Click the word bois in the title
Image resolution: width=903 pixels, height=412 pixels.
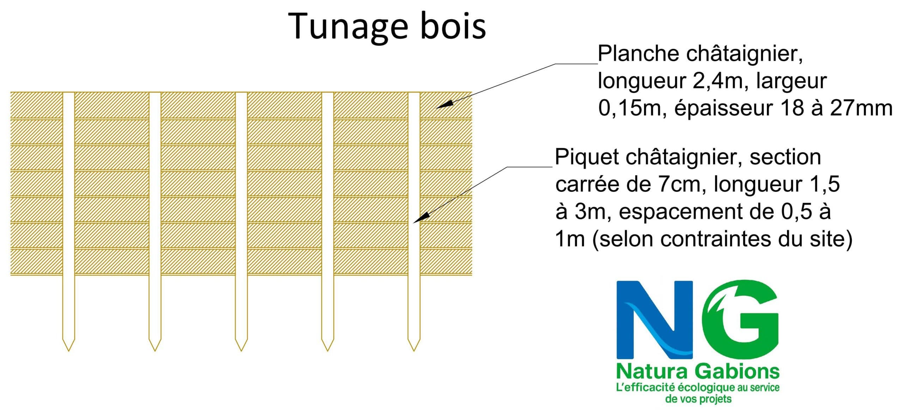pyautogui.click(x=453, y=26)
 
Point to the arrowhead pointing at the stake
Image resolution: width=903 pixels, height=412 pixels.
pyautogui.click(x=418, y=219)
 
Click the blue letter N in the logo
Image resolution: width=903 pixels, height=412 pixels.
pyautogui.click(x=654, y=320)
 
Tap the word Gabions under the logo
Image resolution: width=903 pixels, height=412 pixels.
pyautogui.click(x=738, y=372)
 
